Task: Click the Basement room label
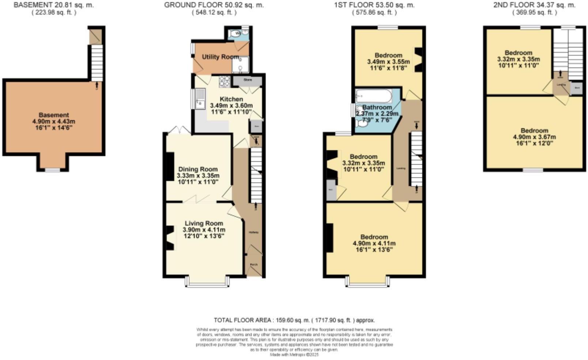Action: (x=54, y=115)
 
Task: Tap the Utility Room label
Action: (x=220, y=57)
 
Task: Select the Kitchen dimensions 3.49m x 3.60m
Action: (x=231, y=105)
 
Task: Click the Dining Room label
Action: (x=198, y=169)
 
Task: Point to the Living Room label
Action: (x=204, y=223)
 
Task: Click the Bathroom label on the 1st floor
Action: (x=377, y=108)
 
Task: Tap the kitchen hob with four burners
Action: (x=224, y=82)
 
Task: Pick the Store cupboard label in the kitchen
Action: (x=248, y=79)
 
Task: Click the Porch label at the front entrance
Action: (x=253, y=265)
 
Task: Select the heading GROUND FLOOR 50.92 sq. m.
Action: (x=214, y=5)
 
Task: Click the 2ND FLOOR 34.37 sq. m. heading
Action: (x=534, y=5)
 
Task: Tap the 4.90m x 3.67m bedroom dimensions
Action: (x=534, y=137)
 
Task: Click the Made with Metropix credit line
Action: (x=294, y=355)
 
